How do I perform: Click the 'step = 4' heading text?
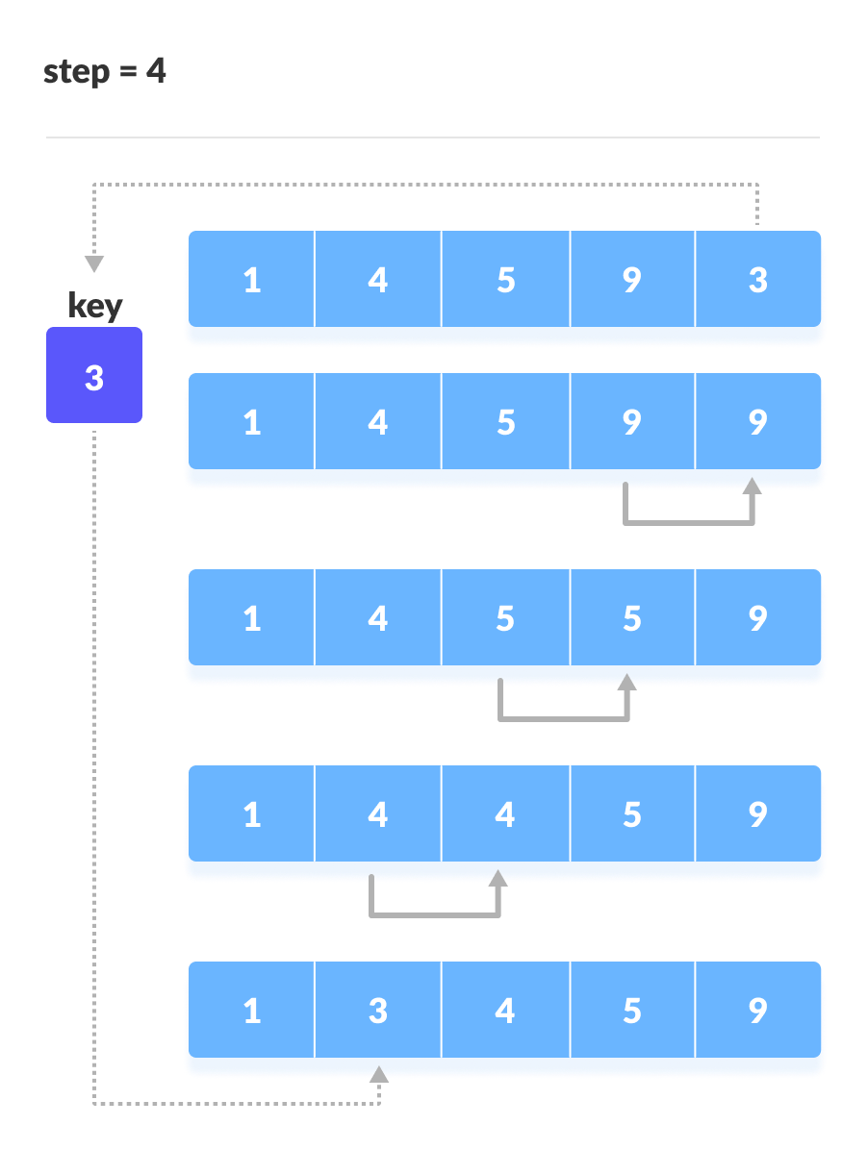(x=105, y=72)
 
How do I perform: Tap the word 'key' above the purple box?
(x=95, y=306)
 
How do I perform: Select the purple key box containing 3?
(x=94, y=376)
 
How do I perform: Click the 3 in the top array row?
(x=757, y=280)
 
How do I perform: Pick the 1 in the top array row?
(x=252, y=280)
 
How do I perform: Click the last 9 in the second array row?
(x=757, y=422)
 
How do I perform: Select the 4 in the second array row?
(x=378, y=422)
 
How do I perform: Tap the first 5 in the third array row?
(x=505, y=618)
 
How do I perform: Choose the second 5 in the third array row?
(x=631, y=618)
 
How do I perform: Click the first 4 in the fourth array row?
(x=378, y=814)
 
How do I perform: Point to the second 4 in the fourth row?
(x=505, y=814)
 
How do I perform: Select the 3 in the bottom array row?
(x=378, y=1011)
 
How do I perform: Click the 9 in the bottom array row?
(x=757, y=1011)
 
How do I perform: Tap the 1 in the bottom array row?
(x=252, y=1011)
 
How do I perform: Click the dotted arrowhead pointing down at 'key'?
(x=94, y=264)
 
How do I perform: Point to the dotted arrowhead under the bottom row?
(x=379, y=1073)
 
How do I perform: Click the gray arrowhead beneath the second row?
(x=753, y=486)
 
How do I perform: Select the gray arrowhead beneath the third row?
(x=627, y=682)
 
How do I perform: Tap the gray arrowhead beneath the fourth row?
(x=498, y=878)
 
